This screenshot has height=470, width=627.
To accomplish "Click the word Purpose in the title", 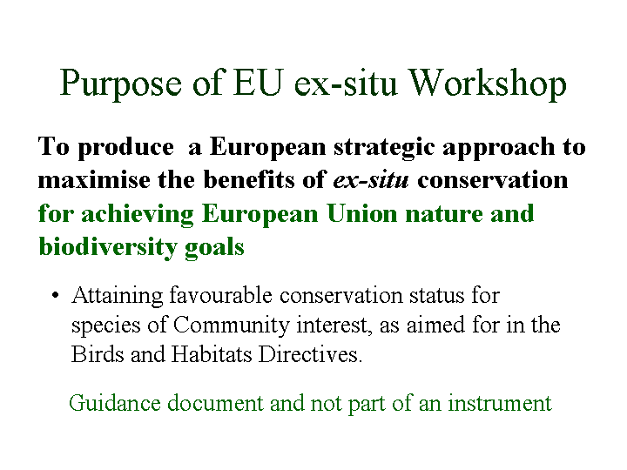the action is pos(121,84).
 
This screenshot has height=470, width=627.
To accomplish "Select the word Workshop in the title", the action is pos(488,84).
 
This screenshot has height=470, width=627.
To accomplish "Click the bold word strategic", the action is pos(384,148).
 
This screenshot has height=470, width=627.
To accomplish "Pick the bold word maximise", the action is pos(94,179).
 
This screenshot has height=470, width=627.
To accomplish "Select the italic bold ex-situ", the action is pos(371,180).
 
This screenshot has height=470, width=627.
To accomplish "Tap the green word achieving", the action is pos(138,214).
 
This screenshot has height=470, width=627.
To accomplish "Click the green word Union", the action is pos(362,213).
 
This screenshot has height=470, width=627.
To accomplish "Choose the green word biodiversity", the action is pos(108,247).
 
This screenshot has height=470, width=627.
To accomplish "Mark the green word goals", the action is pos(214,248).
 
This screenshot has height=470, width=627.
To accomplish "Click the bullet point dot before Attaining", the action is pos(55,296).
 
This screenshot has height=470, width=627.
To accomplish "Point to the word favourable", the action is pos(220,295).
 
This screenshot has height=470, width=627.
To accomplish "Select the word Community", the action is pos(231,326).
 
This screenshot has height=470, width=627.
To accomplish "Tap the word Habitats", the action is pos(212,354).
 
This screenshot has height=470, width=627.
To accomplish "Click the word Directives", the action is pos(310,354).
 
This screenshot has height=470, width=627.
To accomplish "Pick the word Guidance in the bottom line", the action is pos(114,402).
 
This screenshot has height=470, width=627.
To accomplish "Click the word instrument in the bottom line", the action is pos(500,403).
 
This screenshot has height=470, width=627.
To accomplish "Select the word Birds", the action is pos(98,354).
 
